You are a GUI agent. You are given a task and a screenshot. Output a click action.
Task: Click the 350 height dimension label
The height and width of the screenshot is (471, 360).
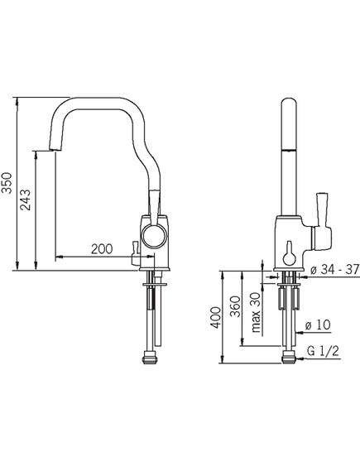(7, 183)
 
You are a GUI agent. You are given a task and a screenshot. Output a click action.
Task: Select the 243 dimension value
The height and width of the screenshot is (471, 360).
(25, 199)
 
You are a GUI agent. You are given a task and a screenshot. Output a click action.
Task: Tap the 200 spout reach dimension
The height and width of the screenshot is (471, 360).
(102, 249)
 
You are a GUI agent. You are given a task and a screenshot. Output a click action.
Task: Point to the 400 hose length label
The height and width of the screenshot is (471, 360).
(215, 318)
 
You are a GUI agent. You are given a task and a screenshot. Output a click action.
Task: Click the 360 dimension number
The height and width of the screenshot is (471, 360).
(235, 306)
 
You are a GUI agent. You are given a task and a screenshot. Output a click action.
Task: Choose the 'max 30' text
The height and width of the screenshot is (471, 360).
(255, 312)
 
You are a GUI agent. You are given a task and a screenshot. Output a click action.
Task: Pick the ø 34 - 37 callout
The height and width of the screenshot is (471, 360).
(335, 270)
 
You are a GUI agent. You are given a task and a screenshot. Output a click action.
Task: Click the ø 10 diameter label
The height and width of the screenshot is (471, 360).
(318, 324)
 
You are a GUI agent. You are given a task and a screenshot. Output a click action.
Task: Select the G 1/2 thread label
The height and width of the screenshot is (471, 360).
(323, 351)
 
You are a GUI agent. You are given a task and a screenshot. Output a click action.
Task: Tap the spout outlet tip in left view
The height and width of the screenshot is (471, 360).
(55, 150)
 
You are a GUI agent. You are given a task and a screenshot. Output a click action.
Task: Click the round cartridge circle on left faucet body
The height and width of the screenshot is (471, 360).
(154, 236)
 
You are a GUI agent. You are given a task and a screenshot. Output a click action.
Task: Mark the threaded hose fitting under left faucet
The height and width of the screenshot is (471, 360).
(149, 358)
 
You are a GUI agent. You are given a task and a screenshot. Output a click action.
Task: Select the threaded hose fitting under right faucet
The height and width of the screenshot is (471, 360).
(290, 358)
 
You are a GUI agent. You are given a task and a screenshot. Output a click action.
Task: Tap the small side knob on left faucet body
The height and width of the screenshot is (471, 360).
(135, 254)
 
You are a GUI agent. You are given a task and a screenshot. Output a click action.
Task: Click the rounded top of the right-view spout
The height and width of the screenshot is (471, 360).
(289, 102)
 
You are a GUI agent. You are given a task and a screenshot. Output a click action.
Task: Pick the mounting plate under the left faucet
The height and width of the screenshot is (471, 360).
(155, 284)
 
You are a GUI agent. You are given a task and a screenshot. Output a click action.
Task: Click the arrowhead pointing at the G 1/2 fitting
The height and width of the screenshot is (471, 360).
(299, 359)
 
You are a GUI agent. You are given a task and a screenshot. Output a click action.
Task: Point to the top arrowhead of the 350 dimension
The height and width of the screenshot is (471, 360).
(17, 101)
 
